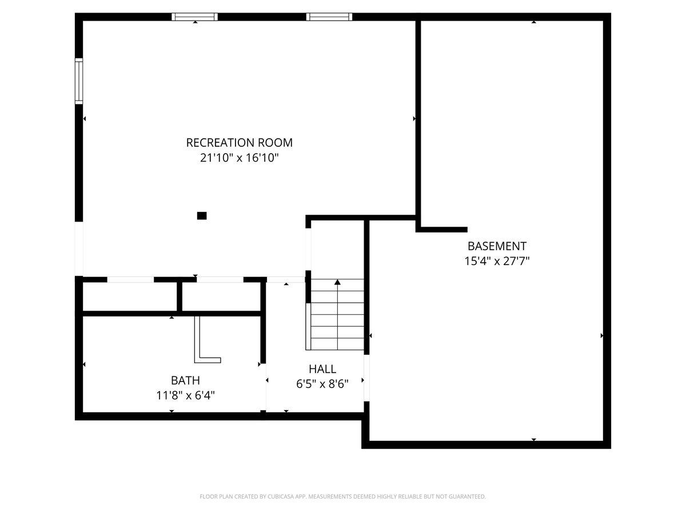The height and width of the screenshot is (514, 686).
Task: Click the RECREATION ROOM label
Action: point(239,143)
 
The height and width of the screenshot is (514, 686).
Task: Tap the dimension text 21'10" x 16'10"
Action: point(239,158)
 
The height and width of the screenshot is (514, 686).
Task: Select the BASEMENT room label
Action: point(497,246)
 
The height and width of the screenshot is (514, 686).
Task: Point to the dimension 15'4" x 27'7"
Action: point(497,261)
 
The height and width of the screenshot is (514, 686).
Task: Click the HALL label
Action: point(322,369)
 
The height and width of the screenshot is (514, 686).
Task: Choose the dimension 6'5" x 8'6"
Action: point(322,384)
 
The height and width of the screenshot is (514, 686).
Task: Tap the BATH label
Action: point(185,380)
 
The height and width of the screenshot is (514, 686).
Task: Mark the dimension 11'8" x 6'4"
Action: point(185,396)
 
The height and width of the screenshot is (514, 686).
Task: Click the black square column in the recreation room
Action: point(202,216)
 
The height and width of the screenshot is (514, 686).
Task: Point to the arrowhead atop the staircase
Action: point(337,282)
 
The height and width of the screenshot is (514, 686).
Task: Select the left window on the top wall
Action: point(194,17)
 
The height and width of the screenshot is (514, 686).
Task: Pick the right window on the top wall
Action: point(329,17)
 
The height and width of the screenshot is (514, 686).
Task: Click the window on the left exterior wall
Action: point(79,81)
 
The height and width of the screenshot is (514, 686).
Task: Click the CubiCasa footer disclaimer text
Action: point(342,496)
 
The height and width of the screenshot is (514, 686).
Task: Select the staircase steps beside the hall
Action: point(337,314)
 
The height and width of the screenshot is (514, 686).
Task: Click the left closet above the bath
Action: point(130,297)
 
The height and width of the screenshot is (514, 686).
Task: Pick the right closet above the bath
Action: point(221,297)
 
